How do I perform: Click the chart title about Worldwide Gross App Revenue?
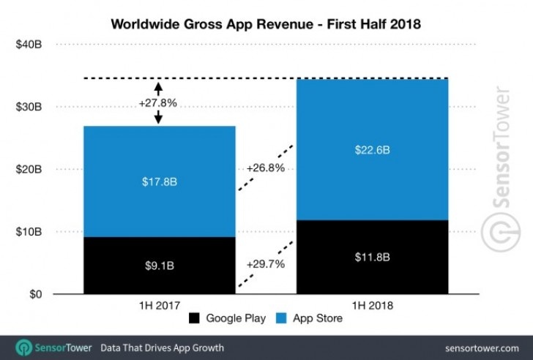(266, 23)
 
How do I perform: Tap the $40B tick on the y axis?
(29, 45)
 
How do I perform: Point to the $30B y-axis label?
(29, 107)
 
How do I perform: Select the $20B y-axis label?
(29, 170)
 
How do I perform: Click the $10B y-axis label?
(29, 232)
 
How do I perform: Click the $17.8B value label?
(159, 181)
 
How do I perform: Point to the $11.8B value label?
(371, 258)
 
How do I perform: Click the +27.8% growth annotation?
(157, 103)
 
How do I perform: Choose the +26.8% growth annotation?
(265, 167)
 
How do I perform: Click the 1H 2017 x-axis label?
(159, 304)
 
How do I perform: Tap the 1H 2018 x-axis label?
(371, 304)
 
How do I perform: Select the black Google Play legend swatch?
(195, 319)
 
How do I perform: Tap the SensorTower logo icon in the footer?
(24, 347)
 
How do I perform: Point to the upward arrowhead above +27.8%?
(158, 86)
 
